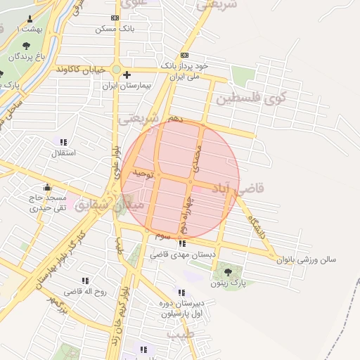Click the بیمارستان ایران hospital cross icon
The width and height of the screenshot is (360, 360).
tap(127, 75)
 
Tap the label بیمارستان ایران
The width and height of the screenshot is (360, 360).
tap(129, 86)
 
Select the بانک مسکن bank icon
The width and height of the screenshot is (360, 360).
tap(115, 18)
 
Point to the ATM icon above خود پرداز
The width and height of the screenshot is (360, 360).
tap(184, 55)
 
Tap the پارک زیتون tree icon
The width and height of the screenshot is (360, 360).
tap(226, 272)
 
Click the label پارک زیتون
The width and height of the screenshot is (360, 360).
tap(227, 284)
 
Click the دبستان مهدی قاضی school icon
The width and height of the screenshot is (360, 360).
tap(192, 243)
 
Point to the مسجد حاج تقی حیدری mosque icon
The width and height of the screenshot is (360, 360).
tap(48, 187)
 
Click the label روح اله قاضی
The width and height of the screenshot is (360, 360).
tap(85, 291)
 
